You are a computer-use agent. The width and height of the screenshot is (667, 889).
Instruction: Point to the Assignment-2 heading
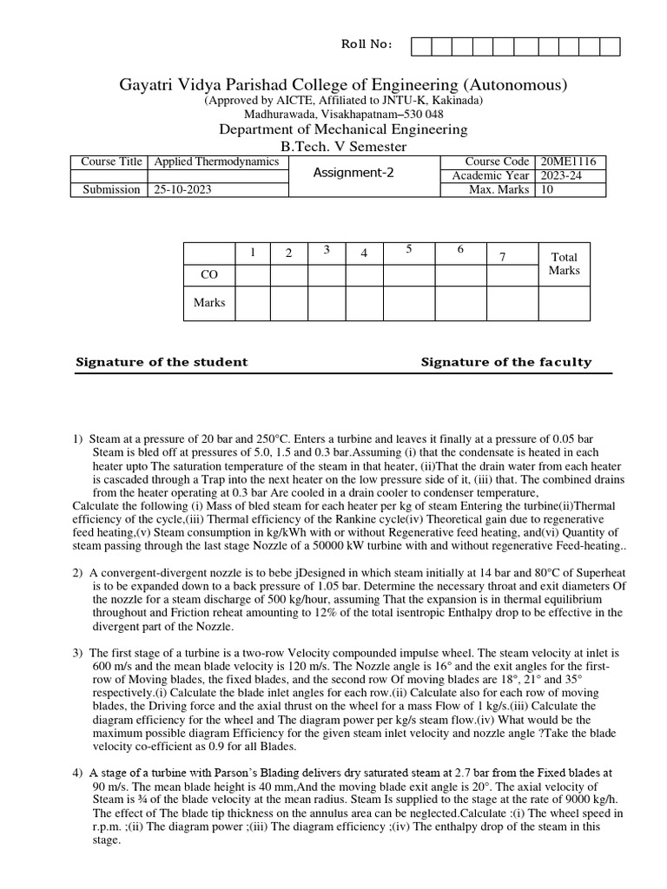353,173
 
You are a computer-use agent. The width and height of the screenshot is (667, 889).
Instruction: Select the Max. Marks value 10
547,190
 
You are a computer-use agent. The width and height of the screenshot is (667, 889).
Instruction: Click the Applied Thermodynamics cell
216,162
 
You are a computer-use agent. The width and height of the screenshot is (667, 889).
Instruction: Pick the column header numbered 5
407,250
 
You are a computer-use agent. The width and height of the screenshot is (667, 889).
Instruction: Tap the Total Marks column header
565,263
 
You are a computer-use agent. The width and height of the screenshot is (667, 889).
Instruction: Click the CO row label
208,273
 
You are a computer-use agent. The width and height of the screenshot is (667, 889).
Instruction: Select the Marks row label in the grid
208,303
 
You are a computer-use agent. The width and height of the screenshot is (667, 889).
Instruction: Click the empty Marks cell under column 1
252,303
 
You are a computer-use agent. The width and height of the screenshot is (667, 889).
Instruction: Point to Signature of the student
162,362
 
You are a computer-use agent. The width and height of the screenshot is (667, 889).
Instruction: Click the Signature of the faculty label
505,362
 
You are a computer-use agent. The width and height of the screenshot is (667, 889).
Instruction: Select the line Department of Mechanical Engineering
343,129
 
